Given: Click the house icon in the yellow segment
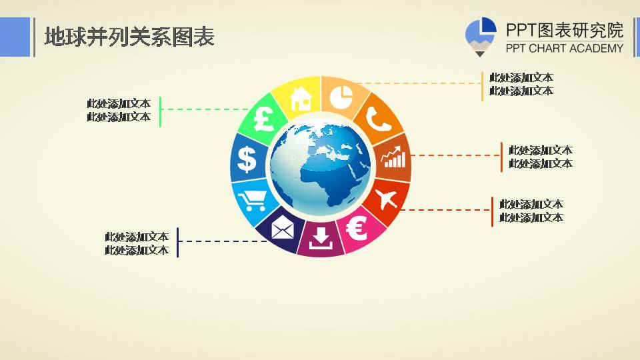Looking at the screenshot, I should tap(301, 97).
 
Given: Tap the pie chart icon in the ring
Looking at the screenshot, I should tap(341, 97).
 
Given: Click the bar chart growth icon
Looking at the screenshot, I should tap(393, 157).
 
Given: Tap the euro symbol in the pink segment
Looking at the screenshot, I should tap(357, 229).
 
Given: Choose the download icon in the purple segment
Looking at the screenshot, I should tap(321, 237).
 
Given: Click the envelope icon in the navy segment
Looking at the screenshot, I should tap(282, 228).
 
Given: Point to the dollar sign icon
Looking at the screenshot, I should tap(247, 159).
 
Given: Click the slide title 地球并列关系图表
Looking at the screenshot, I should tap(129, 37).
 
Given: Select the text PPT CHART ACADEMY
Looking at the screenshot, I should tap(564, 48).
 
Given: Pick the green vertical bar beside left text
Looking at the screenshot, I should tap(161, 111).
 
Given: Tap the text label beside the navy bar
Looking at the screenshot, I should tap(137, 243).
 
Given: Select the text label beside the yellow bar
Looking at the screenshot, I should tap(521, 85).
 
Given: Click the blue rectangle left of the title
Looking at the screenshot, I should tap(15, 37).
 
